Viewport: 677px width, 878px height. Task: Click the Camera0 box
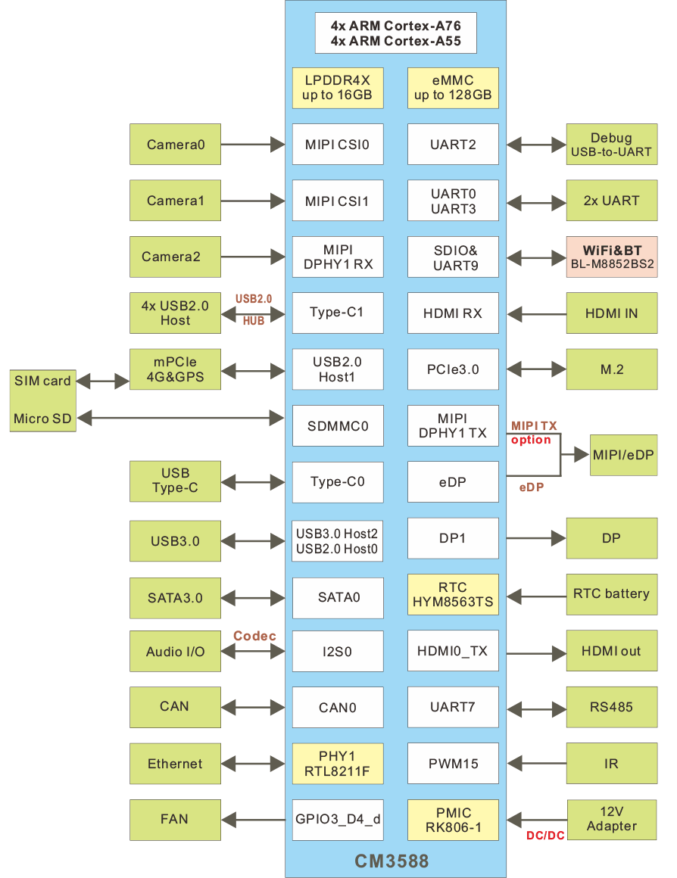(175, 144)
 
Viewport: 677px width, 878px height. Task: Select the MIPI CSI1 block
(338, 201)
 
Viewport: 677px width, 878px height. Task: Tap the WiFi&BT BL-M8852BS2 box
(612, 257)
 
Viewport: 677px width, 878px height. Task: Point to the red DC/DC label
(545, 836)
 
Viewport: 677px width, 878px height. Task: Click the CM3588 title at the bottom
(392, 861)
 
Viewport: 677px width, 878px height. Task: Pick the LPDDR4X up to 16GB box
(338, 88)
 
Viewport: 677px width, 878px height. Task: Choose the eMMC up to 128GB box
(453, 88)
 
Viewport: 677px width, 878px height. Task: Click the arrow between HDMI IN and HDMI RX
(536, 313)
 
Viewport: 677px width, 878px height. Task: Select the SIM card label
(42, 381)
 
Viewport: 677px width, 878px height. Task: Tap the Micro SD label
(42, 419)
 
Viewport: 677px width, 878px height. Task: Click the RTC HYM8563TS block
(453, 595)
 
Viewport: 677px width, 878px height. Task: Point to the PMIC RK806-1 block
(453, 820)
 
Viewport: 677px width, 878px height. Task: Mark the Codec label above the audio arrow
(254, 636)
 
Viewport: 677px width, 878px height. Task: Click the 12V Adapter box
(612, 819)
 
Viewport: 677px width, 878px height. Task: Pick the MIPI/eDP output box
(624, 455)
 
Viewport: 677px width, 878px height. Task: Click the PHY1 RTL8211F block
(338, 764)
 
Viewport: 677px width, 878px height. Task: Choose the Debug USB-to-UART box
(612, 145)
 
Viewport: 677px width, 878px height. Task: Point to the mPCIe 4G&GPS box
(175, 369)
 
